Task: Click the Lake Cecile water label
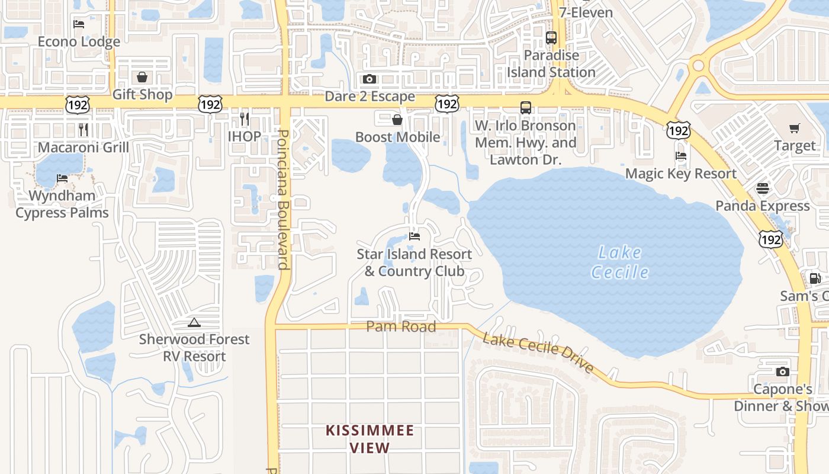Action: pyautogui.click(x=619, y=262)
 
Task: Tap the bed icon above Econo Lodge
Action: pyautogui.click(x=79, y=24)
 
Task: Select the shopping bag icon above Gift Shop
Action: pyautogui.click(x=142, y=77)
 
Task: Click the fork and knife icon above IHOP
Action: pyautogui.click(x=244, y=118)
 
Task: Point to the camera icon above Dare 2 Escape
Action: pyautogui.click(x=369, y=79)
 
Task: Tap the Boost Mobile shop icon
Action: pyautogui.click(x=397, y=120)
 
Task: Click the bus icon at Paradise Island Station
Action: pyautogui.click(x=551, y=38)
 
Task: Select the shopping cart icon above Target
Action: pyautogui.click(x=794, y=128)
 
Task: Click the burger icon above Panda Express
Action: pyautogui.click(x=762, y=188)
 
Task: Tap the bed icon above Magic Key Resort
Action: pyautogui.click(x=681, y=156)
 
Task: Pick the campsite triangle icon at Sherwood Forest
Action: pyautogui.click(x=194, y=323)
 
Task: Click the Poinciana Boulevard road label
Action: pyautogui.click(x=284, y=200)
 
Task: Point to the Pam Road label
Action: pyautogui.click(x=401, y=326)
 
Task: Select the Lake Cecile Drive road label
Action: pyautogui.click(x=538, y=353)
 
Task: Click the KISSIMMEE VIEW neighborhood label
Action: pyautogui.click(x=369, y=439)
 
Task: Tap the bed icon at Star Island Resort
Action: pyautogui.click(x=415, y=236)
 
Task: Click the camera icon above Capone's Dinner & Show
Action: pyautogui.click(x=783, y=372)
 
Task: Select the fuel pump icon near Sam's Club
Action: pyautogui.click(x=815, y=278)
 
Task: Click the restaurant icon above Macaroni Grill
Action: pyautogui.click(x=83, y=129)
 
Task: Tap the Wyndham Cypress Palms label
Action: pyautogui.click(x=62, y=204)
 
